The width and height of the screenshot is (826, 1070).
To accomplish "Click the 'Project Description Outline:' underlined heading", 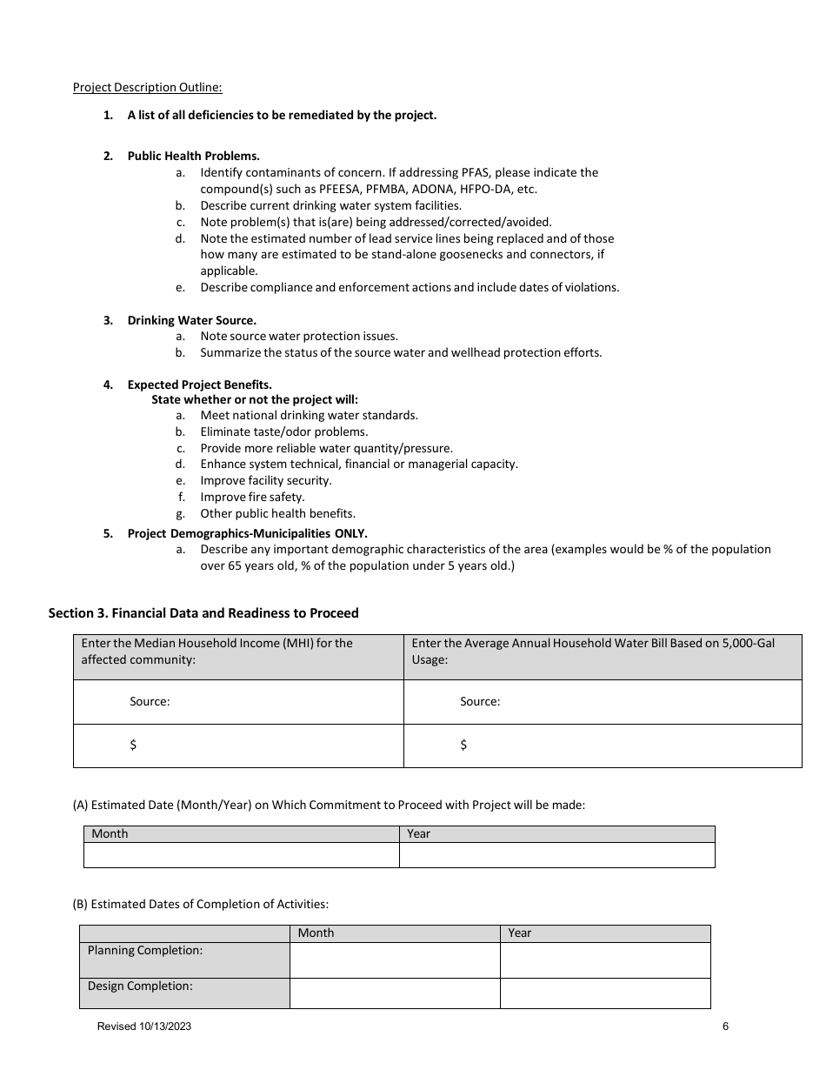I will [147, 87].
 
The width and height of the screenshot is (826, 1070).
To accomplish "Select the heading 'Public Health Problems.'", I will [193, 156].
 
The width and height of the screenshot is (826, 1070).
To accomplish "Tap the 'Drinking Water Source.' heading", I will [191, 320].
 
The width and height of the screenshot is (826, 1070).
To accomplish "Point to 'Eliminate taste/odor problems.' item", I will [283, 431].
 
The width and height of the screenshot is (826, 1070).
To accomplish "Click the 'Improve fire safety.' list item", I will [252, 497].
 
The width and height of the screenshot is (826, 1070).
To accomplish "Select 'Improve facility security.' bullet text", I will [265, 480].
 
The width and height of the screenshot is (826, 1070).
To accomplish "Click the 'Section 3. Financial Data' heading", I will [203, 612].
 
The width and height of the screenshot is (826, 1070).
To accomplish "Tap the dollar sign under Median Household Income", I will [133, 745].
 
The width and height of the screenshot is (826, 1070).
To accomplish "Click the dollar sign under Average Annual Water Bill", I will [463, 745].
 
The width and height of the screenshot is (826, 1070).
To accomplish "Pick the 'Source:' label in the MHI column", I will [150, 701].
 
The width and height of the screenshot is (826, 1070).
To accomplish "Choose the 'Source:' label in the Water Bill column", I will [480, 701].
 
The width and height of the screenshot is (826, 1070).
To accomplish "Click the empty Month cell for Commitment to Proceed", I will [241, 855].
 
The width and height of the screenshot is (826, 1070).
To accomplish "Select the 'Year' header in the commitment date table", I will [418, 833].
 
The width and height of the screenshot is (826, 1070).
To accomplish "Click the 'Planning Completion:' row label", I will [144, 950].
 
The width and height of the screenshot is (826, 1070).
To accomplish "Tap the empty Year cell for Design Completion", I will [604, 993].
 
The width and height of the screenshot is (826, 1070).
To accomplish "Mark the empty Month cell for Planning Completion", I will [394, 960].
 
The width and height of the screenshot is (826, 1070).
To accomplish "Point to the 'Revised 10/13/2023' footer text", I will [144, 1027].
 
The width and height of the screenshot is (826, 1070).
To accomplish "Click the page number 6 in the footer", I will [725, 1027].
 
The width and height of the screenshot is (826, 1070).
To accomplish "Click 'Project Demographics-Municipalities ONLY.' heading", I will [247, 533].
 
